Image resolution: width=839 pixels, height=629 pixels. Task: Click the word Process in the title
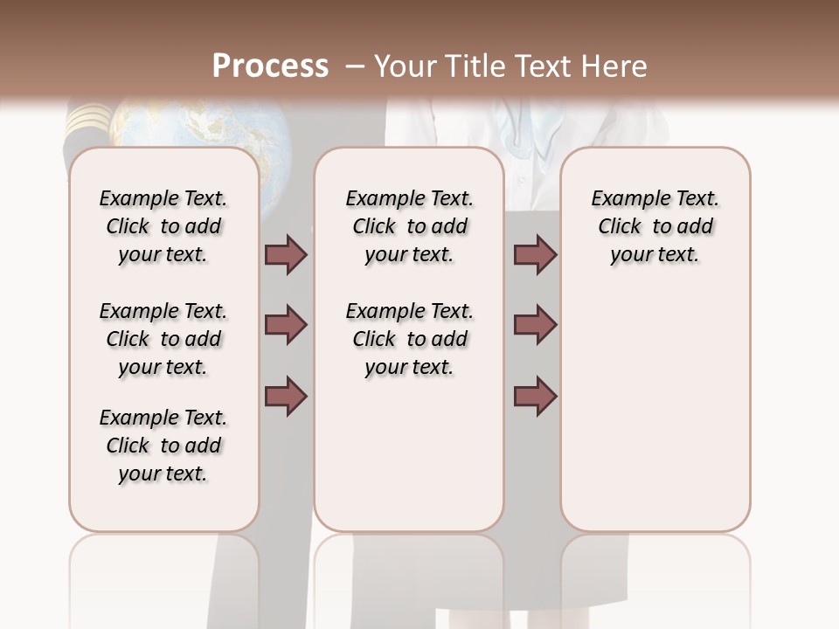click(270, 66)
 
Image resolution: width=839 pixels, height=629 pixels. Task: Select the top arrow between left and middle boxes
click(286, 255)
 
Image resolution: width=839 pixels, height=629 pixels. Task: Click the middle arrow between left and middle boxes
click(286, 326)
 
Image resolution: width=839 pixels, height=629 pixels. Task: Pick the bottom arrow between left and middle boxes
click(286, 396)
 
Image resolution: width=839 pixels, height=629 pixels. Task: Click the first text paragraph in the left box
click(163, 226)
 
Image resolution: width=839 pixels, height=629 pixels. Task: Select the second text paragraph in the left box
click(163, 339)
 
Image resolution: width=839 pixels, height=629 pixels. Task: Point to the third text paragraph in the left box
click(163, 446)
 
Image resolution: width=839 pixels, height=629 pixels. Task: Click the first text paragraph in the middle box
click(409, 226)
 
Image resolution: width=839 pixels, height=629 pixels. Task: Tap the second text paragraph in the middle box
click(409, 339)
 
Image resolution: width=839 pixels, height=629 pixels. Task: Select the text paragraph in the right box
click(655, 226)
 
